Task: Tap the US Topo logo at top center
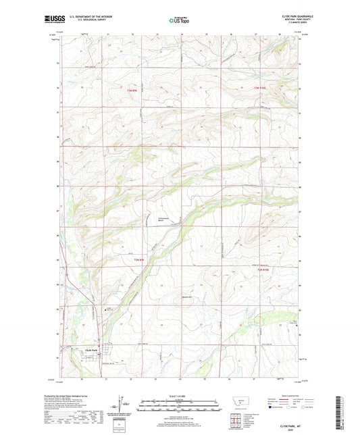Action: point(180,20)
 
